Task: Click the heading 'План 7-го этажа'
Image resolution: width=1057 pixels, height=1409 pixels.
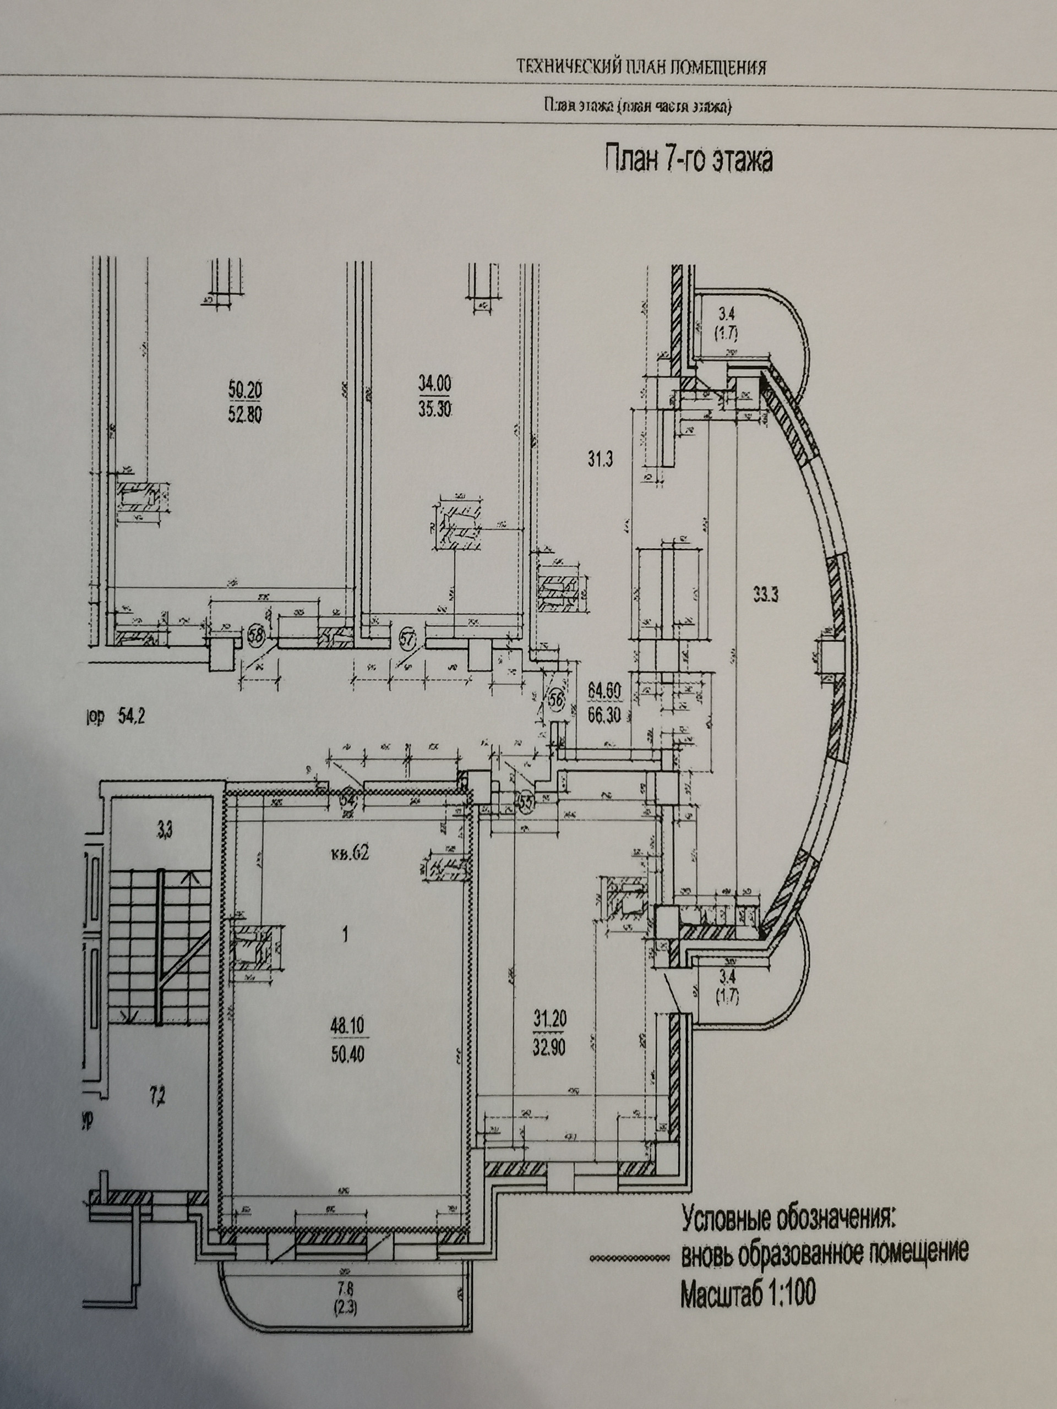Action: [x=688, y=159]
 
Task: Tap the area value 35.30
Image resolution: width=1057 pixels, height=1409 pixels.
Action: [x=434, y=409]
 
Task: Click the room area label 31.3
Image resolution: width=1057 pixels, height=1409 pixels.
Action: [x=600, y=458]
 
